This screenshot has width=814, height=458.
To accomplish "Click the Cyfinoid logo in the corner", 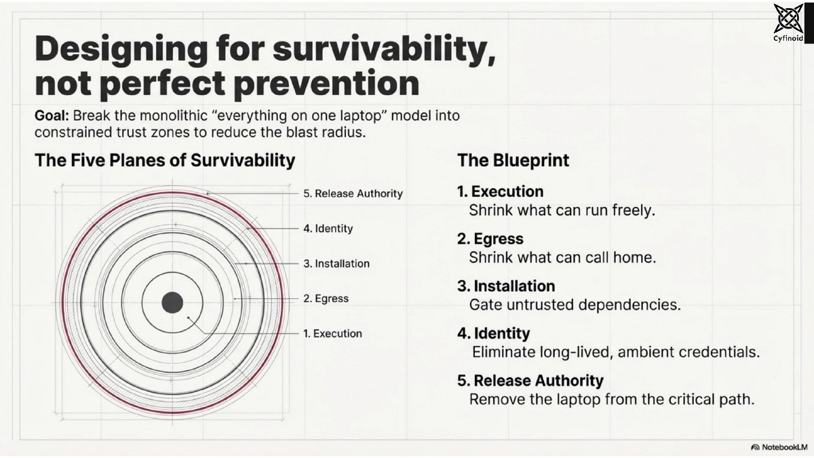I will pos(788,22).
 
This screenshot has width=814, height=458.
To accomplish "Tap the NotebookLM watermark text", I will pos(780,447).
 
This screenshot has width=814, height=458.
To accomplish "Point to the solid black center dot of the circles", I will pos(172,302).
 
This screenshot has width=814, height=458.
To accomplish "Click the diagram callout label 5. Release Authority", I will pos(353,193).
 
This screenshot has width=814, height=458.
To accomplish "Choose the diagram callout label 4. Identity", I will pos(328,229).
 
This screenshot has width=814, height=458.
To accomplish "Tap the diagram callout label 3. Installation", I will pos(336,263).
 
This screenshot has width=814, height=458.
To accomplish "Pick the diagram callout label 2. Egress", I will pos(326,299).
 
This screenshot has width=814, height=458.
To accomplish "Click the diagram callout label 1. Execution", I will pos(332,333).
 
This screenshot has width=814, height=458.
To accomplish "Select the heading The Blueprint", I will pos(513,160).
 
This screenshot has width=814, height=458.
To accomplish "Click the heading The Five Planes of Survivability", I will pos(165,160).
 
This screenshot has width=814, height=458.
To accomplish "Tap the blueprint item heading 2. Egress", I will pos(490,239).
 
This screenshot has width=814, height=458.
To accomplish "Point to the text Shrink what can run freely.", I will pos(562,210).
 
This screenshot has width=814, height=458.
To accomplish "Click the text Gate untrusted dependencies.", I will pos(575,305).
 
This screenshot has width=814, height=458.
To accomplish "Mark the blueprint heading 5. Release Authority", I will pos(530,381).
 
